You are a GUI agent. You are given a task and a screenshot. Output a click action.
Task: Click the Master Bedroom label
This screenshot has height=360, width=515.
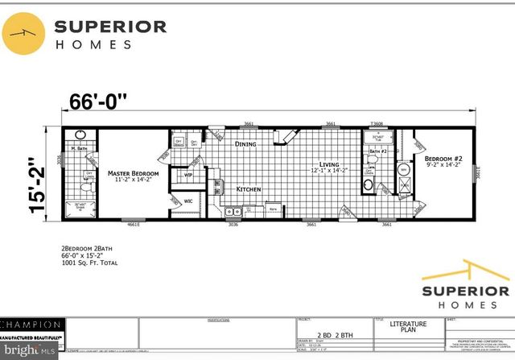[x=134, y=173]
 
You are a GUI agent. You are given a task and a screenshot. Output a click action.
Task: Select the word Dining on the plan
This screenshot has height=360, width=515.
[x=245, y=144]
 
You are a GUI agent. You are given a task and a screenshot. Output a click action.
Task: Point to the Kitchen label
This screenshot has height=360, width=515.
[x=248, y=188]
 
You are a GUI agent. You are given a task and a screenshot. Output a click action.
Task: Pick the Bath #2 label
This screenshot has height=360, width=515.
[x=379, y=151]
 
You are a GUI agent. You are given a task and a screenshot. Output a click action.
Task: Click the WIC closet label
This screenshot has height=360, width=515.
[x=187, y=201]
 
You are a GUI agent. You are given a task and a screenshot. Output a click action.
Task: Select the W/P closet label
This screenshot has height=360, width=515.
[x=188, y=174]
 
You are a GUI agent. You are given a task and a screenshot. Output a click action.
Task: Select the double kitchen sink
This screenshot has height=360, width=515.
[x=233, y=211]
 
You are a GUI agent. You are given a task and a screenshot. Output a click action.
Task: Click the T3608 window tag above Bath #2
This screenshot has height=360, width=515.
[x=376, y=124]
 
